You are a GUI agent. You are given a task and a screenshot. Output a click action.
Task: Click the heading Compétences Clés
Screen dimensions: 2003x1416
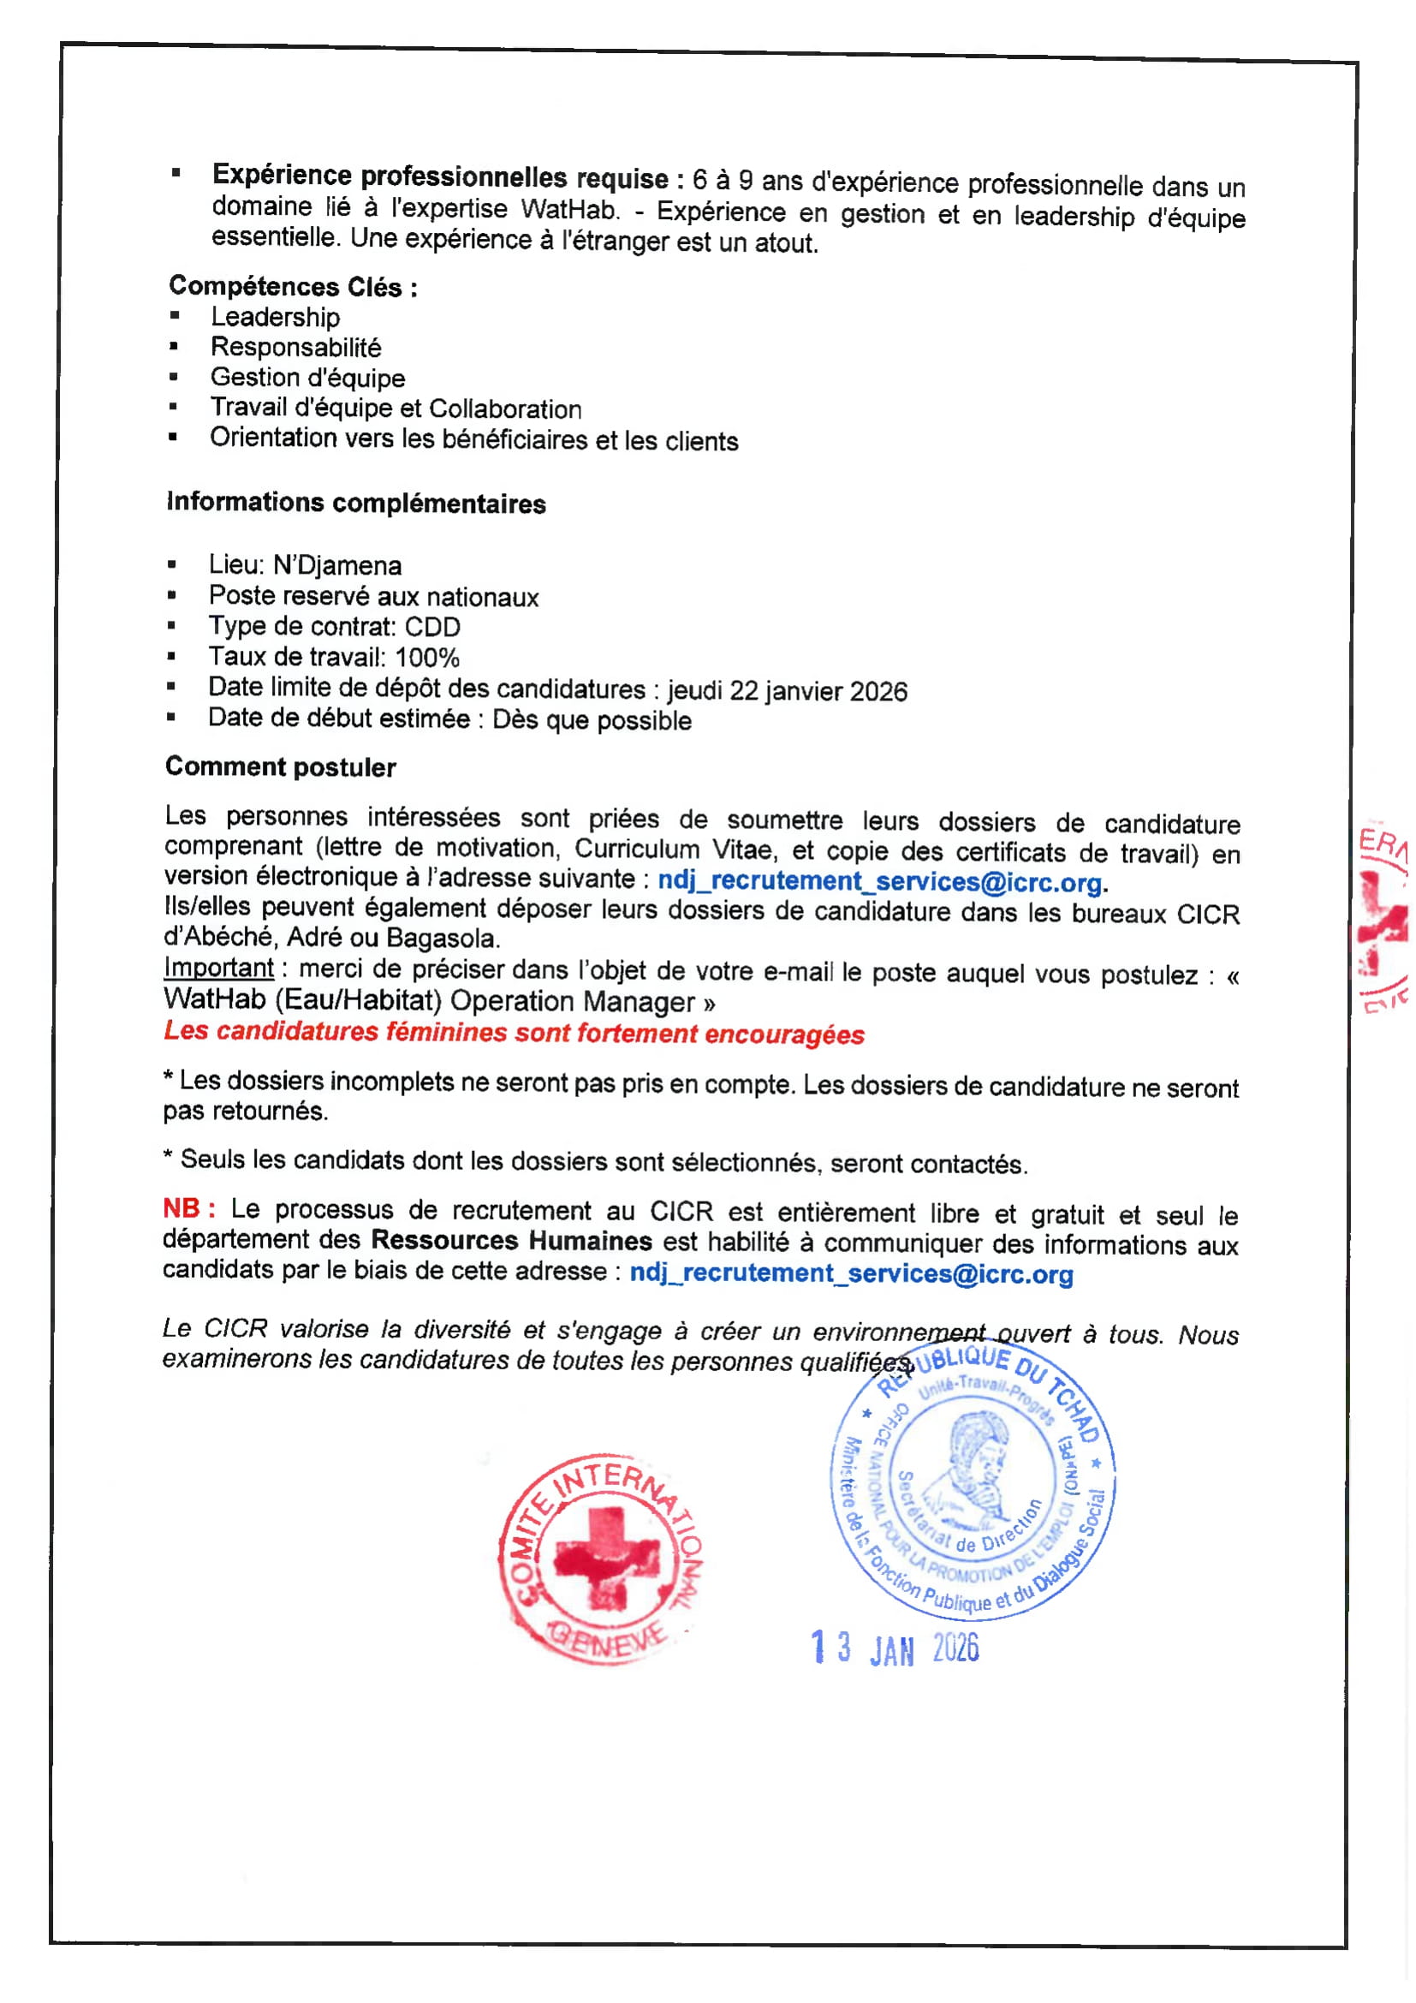(292, 286)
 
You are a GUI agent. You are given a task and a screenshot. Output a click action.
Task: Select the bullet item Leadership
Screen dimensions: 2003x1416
(275, 317)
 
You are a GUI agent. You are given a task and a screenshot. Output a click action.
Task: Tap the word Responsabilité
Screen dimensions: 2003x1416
(295, 347)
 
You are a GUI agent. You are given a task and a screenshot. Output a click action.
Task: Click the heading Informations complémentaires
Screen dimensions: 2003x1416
(356, 503)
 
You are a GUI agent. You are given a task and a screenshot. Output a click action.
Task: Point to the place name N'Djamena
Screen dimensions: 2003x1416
(337, 565)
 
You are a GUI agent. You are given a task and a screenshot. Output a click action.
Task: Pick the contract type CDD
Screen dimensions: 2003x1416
(432, 626)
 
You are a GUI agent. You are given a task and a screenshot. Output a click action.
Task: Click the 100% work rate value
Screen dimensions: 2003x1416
(427, 657)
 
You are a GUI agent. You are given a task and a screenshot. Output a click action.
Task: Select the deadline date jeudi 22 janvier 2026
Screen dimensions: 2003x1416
(788, 691)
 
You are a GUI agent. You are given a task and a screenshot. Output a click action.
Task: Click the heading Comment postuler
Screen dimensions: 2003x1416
(281, 766)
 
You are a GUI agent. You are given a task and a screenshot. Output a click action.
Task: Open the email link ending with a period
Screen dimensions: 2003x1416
(880, 881)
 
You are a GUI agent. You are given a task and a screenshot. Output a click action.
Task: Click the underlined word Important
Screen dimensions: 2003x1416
(219, 968)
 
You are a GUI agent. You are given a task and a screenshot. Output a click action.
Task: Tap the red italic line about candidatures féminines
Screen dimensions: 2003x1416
(514, 1032)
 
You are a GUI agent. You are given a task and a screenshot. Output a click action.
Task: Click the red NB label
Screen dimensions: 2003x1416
(188, 1208)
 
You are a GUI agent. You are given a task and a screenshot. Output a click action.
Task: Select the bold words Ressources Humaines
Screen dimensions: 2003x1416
(512, 1240)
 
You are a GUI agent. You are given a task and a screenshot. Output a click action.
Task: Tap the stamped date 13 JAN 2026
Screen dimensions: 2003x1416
(895, 1648)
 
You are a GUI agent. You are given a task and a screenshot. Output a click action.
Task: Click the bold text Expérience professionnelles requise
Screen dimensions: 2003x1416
(441, 176)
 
